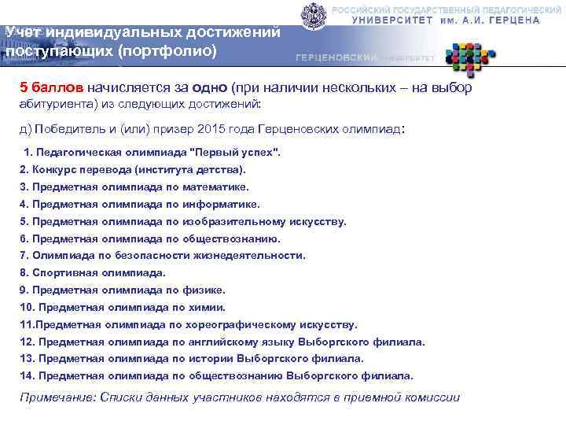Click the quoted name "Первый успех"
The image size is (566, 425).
[x=236, y=151]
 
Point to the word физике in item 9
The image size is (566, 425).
[x=207, y=290]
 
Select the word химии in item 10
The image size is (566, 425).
[x=208, y=307]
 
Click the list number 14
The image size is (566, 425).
[x=26, y=376]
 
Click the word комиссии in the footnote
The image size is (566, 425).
[x=432, y=397]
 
